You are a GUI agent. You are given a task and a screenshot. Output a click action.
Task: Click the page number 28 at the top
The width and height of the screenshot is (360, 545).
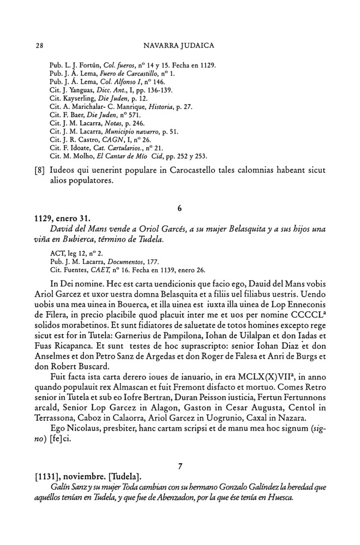39,45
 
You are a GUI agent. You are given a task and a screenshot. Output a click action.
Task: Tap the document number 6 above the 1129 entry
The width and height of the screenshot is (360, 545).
180,208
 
